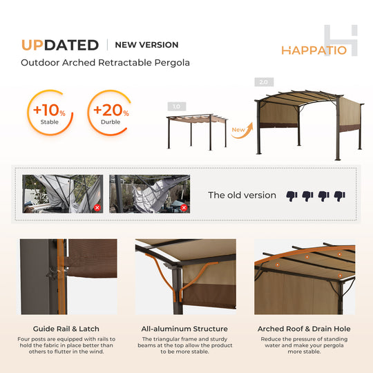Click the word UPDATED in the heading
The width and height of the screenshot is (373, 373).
(59, 45)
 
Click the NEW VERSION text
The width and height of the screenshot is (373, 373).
(146, 45)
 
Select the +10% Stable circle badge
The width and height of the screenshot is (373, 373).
(49, 113)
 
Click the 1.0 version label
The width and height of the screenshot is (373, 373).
(176, 106)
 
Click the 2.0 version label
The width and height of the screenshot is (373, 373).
(262, 82)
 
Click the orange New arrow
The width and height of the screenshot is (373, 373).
(239, 131)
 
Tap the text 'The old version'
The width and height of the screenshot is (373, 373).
(242, 195)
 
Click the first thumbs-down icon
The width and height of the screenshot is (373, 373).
(291, 195)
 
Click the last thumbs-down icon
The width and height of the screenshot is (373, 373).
(339, 195)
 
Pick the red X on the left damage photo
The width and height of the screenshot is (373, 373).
(97, 207)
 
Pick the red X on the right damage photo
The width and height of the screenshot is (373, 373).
(184, 207)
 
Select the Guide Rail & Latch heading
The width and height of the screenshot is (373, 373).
(66, 329)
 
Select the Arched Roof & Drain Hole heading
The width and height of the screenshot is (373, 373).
(304, 329)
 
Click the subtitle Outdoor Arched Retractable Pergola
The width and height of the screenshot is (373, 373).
(105, 63)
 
